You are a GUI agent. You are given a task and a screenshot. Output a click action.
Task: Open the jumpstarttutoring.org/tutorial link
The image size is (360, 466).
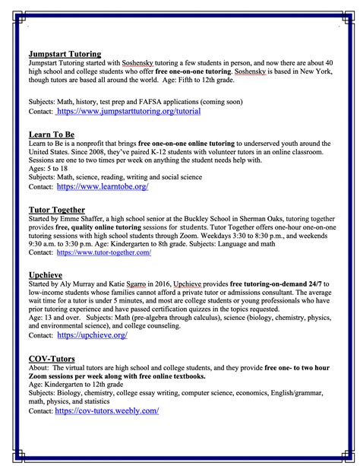click(128, 110)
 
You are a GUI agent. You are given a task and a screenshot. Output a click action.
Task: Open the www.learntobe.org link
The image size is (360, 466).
click(103, 185)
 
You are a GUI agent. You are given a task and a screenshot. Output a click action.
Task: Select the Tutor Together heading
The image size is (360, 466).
click(57, 209)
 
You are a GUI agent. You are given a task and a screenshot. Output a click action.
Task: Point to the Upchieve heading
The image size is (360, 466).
click(46, 274)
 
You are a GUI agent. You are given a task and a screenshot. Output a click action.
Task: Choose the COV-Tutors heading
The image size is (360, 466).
click(53, 358)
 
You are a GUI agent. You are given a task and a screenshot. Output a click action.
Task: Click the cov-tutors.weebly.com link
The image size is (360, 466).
click(107, 411)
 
